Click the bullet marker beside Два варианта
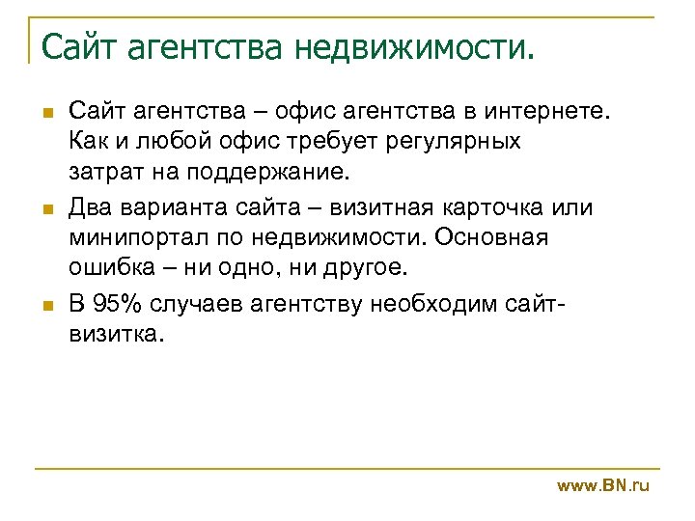[x=45, y=209]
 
